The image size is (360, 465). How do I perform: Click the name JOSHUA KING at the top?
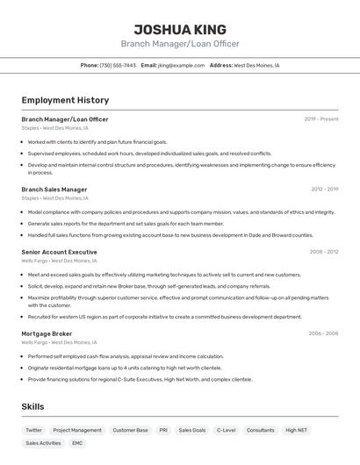(x=179, y=29)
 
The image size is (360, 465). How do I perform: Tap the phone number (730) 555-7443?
(x=118, y=66)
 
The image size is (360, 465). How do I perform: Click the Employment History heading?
(x=65, y=101)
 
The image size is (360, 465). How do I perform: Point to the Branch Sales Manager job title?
(x=54, y=189)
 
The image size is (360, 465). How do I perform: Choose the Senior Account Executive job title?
(x=59, y=252)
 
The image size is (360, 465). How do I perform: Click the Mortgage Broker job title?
(x=47, y=333)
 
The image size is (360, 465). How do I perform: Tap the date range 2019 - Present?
(x=320, y=119)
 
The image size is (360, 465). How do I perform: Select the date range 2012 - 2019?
(x=323, y=189)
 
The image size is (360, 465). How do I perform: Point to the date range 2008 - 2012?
(x=323, y=252)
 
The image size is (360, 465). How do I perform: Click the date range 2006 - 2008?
(x=323, y=333)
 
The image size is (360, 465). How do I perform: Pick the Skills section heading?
(x=33, y=407)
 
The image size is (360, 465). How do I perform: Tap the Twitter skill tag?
(x=33, y=431)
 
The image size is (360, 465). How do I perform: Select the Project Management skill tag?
(x=77, y=431)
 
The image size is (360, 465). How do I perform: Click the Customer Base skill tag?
(x=130, y=431)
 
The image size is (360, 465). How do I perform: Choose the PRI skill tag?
(x=163, y=431)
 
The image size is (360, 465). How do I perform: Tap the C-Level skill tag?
(x=226, y=431)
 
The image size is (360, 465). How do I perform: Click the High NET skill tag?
(x=296, y=431)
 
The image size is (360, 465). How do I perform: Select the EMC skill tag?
(x=77, y=444)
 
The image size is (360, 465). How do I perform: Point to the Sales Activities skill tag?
(x=43, y=444)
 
